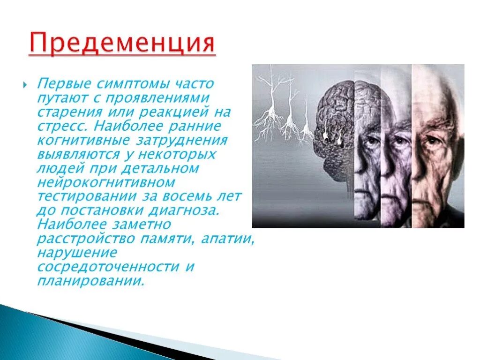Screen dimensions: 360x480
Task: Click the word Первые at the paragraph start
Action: (x=65, y=85)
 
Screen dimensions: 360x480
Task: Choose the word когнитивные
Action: (x=80, y=141)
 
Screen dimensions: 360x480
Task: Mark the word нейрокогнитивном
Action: (x=105, y=182)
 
